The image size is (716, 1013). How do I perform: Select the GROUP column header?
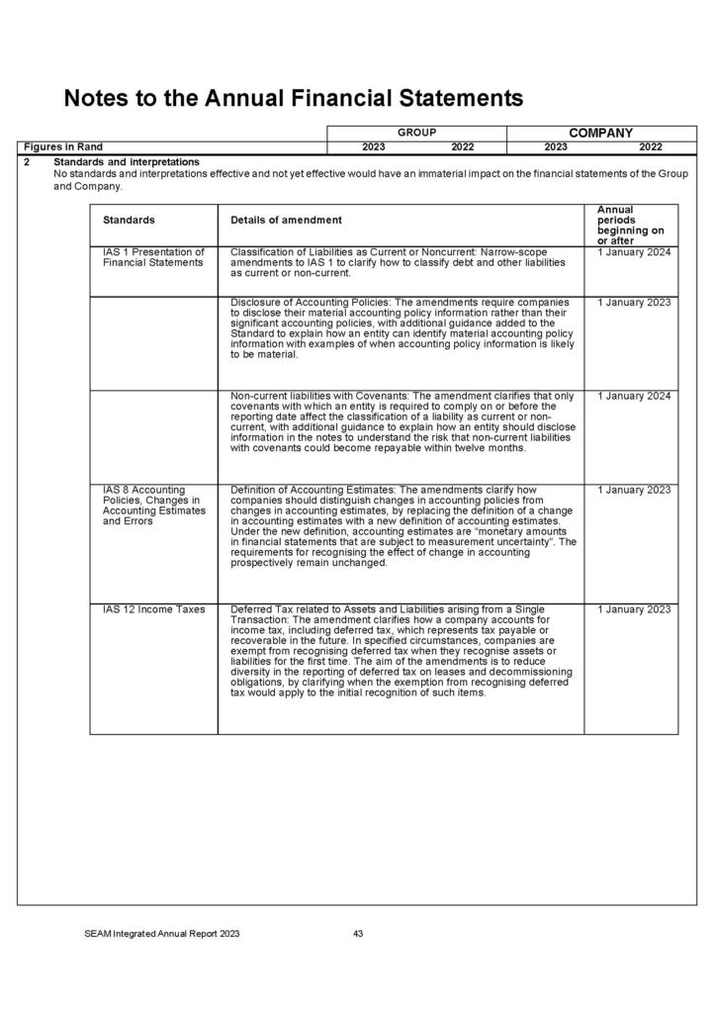(x=416, y=132)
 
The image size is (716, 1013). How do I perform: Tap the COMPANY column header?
(x=600, y=132)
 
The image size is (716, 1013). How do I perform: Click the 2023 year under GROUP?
(x=374, y=146)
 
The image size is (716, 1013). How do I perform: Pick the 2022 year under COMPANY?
(x=650, y=146)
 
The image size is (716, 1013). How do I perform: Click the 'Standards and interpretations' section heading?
(x=127, y=161)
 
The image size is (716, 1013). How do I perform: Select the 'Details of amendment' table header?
(x=286, y=219)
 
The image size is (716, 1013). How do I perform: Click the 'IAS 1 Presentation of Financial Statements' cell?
(x=153, y=258)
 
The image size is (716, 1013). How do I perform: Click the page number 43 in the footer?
(x=359, y=933)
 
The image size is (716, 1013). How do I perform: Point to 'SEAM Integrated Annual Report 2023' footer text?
(x=161, y=933)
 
